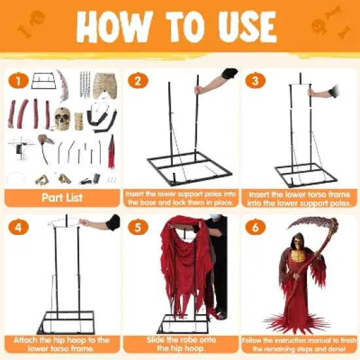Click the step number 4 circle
coord(18,227)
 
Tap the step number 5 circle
coord(138,227)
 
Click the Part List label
coord(62,197)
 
